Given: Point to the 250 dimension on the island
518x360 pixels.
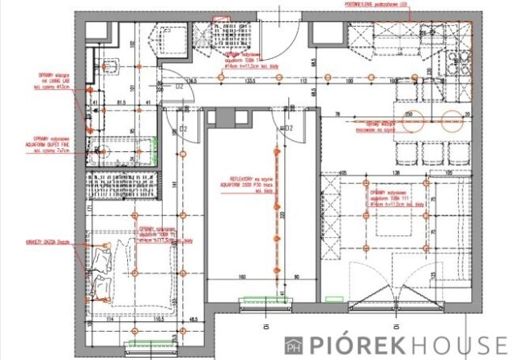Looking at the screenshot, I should (409, 113).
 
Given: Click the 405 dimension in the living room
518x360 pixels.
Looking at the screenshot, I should (343, 172).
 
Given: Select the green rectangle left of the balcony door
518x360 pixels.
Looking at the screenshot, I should (332, 299).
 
